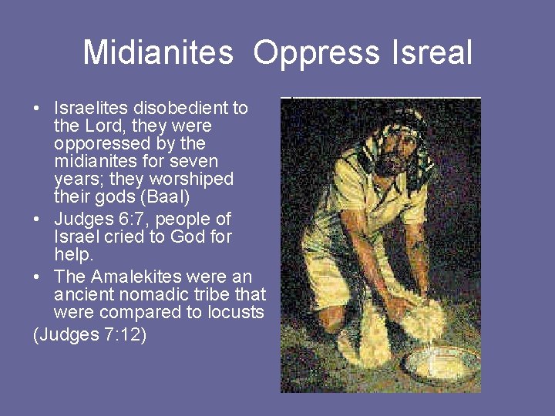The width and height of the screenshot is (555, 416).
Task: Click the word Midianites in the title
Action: point(157,53)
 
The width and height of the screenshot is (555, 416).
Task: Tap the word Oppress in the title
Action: point(315,53)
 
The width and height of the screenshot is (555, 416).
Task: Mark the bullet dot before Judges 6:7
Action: point(37,220)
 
